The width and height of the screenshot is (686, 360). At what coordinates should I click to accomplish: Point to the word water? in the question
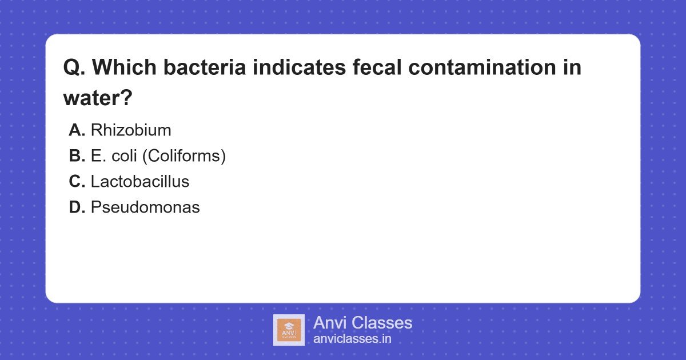click(x=98, y=98)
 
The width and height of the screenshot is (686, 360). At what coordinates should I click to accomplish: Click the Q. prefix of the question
click(x=74, y=68)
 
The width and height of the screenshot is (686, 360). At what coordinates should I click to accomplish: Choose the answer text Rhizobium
click(x=131, y=130)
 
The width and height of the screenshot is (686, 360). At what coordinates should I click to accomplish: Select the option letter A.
click(x=77, y=130)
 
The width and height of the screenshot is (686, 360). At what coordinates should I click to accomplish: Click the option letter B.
click(x=77, y=156)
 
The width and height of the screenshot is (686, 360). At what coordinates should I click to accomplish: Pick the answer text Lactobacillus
click(x=140, y=182)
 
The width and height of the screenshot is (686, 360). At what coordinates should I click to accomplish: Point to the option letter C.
click(x=77, y=182)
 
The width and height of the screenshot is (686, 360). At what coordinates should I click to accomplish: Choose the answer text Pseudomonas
click(x=145, y=207)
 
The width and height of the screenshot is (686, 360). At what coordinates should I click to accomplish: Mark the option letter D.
click(x=77, y=207)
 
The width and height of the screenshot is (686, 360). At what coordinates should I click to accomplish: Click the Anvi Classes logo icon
click(x=289, y=330)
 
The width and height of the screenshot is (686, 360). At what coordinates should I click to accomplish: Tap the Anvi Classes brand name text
click(x=362, y=323)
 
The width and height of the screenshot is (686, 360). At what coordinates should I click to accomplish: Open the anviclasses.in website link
click(x=352, y=338)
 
